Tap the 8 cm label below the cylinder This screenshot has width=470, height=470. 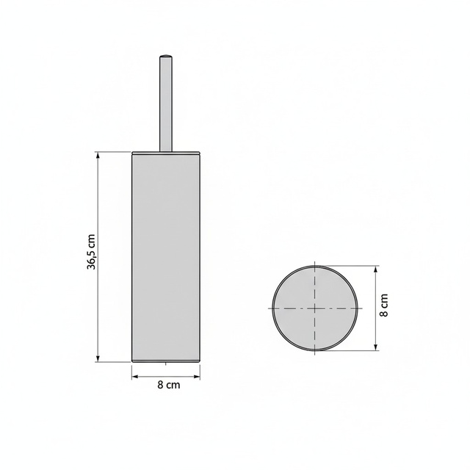tap(169, 384)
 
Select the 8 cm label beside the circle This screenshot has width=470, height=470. tap(383, 305)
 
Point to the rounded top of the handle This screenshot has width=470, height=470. tap(166, 56)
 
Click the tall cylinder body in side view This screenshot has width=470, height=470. tap(166, 257)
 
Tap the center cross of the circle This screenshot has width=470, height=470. tap(316, 308)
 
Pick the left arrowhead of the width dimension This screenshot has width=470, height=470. tap(134, 375)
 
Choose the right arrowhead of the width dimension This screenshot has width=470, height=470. tap(198, 375)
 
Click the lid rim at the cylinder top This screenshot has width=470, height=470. tap(166, 153)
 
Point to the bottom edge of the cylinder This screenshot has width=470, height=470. tap(166, 361)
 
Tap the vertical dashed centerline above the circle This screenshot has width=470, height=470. tap(316, 265)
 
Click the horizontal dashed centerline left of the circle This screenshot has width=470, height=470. tap(268, 308)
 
